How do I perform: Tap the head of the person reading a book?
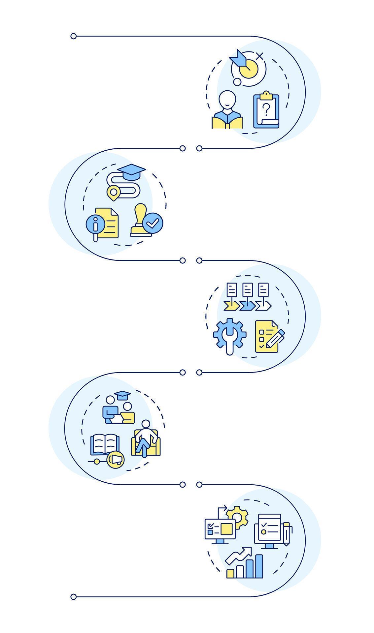click(x=227, y=98)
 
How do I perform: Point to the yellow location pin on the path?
click(x=114, y=193)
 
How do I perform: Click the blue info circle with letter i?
click(x=95, y=224)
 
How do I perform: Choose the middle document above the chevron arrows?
click(x=248, y=290)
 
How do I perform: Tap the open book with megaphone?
click(x=105, y=445)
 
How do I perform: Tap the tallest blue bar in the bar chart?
click(x=259, y=566)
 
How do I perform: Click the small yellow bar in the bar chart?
click(x=230, y=573)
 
